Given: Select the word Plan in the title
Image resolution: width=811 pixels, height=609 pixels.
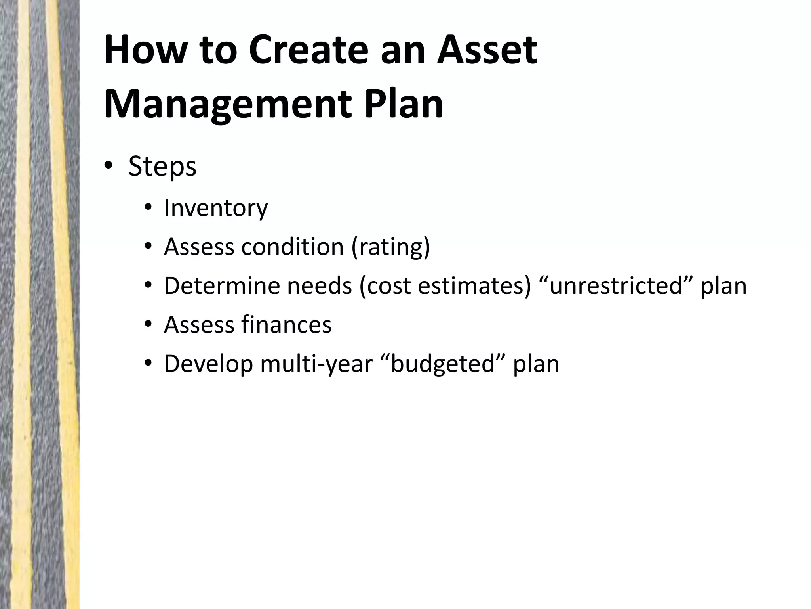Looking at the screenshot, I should coord(403,104).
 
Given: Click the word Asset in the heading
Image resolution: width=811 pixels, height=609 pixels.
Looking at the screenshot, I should coord(487,50).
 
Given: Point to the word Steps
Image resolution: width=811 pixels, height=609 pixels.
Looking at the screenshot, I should coord(162,167).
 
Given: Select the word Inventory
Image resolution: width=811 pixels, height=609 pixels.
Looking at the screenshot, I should coord(216,208).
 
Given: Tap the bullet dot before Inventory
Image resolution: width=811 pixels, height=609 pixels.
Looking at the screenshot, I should coord(148,208).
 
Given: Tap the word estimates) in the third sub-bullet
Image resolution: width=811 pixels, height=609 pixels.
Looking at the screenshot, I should coord(474,286).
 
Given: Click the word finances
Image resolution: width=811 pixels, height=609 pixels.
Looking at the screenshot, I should coord(286,325).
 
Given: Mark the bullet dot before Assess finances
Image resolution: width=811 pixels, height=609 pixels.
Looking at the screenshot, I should coord(148,325).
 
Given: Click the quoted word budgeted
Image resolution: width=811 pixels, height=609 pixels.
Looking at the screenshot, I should coord(443,364).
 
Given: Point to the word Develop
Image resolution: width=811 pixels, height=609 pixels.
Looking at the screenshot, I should coord(208,364).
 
